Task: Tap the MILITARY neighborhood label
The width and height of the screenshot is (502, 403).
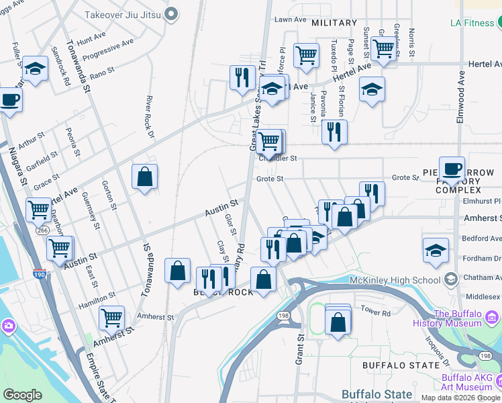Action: (x=334, y=23)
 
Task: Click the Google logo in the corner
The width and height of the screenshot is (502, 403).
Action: (x=23, y=395)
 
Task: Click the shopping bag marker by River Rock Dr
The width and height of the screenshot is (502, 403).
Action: (x=144, y=177)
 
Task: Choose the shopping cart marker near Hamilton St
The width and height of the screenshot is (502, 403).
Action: (x=111, y=317)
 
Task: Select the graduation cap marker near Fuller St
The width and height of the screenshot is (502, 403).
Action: (x=35, y=69)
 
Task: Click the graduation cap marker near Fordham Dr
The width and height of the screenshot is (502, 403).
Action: (x=436, y=250)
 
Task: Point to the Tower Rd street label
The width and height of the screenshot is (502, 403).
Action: (x=376, y=312)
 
